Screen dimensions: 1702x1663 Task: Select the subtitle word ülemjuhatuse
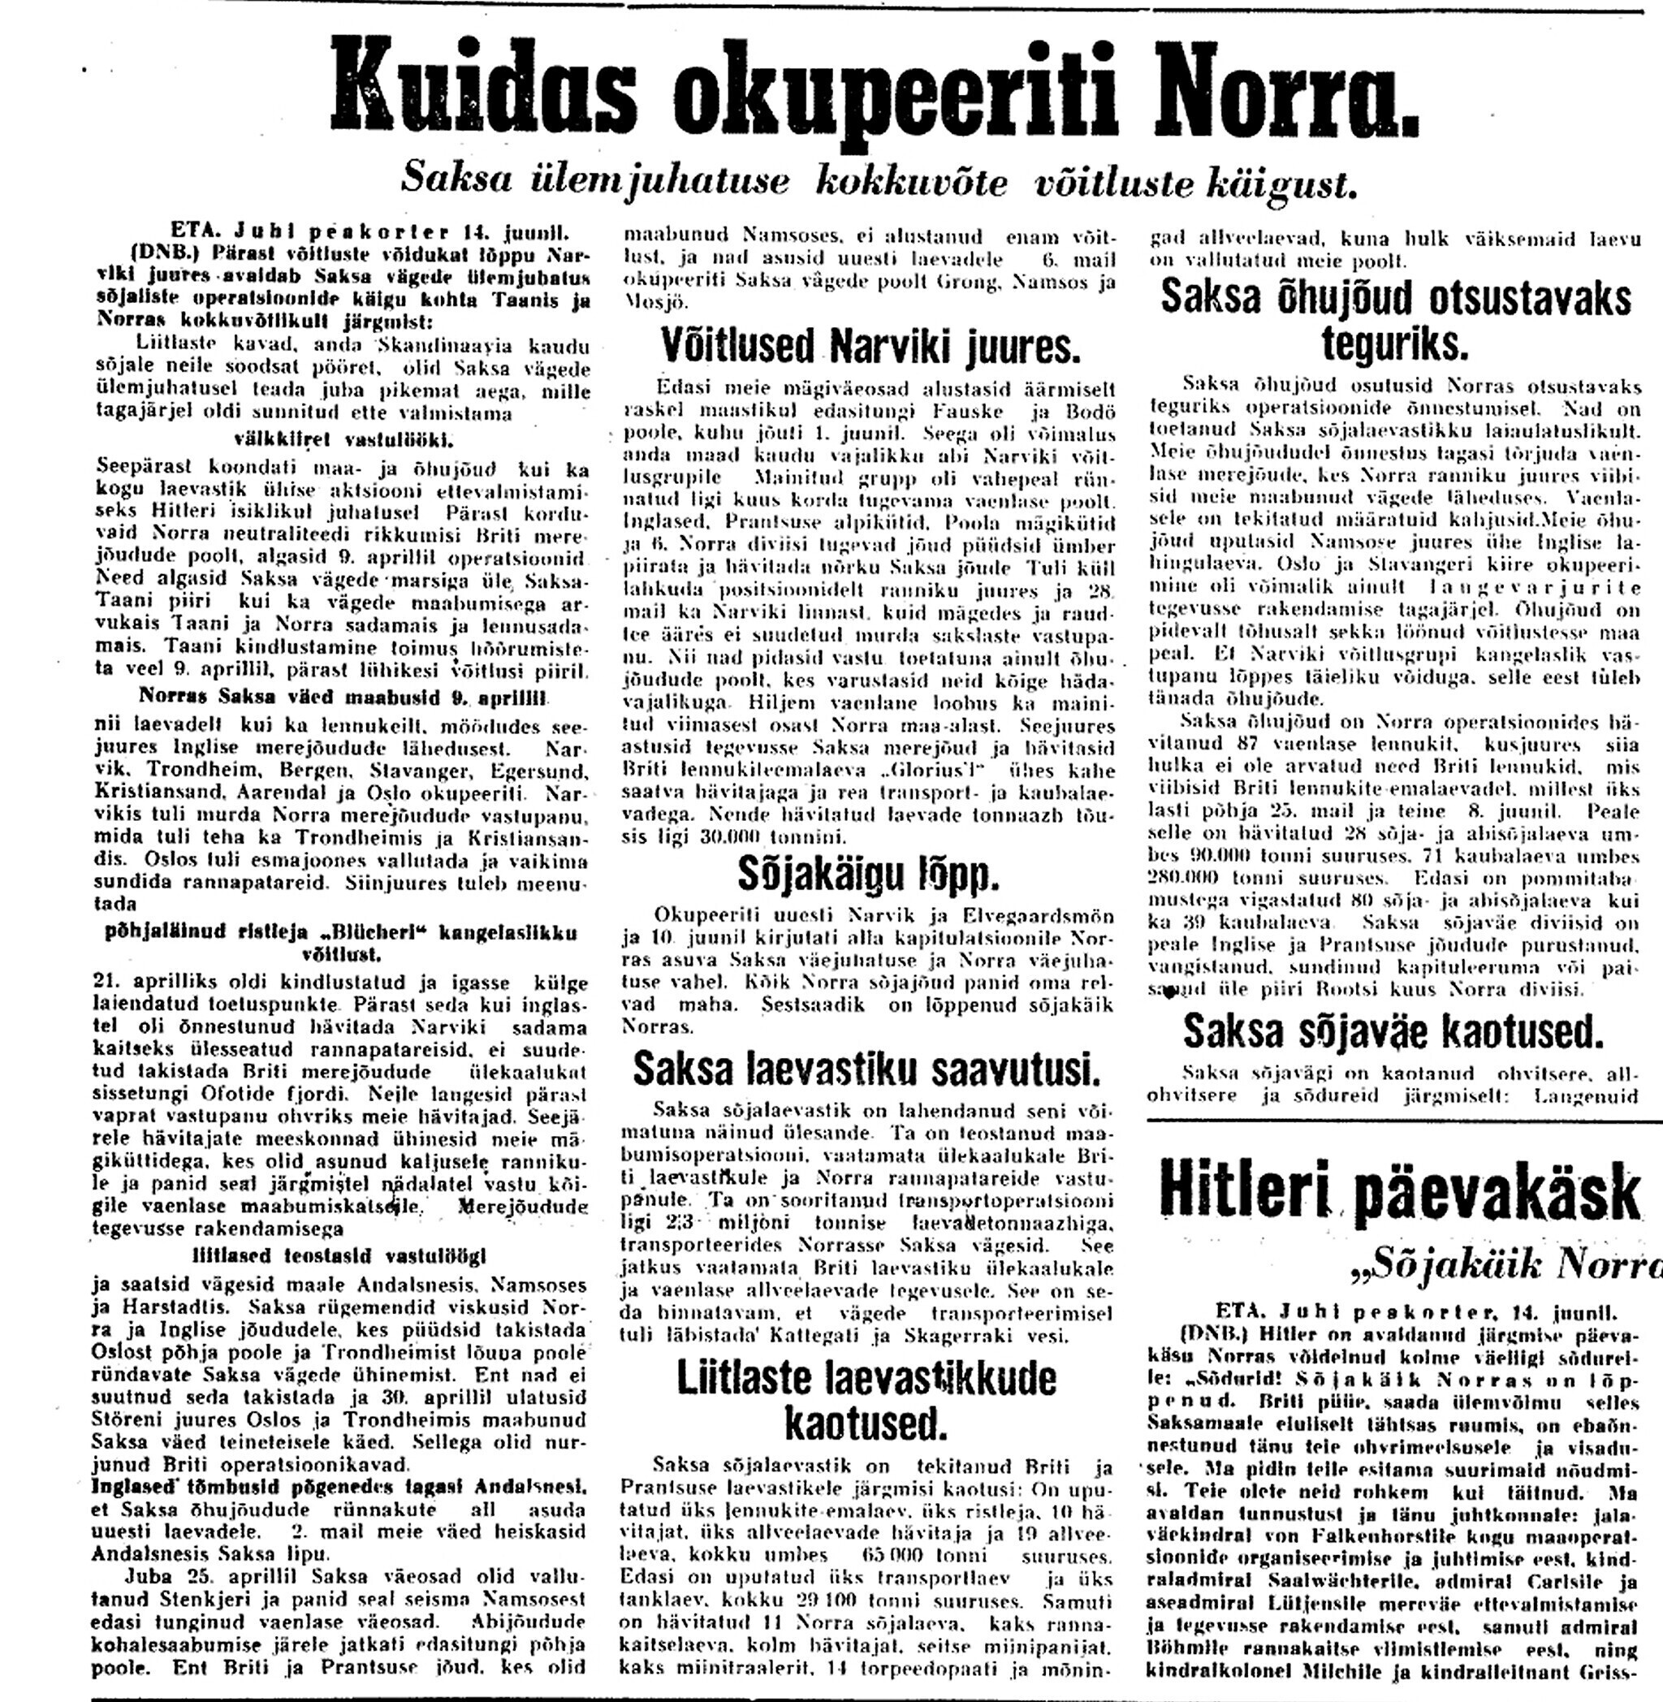(x=660, y=181)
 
